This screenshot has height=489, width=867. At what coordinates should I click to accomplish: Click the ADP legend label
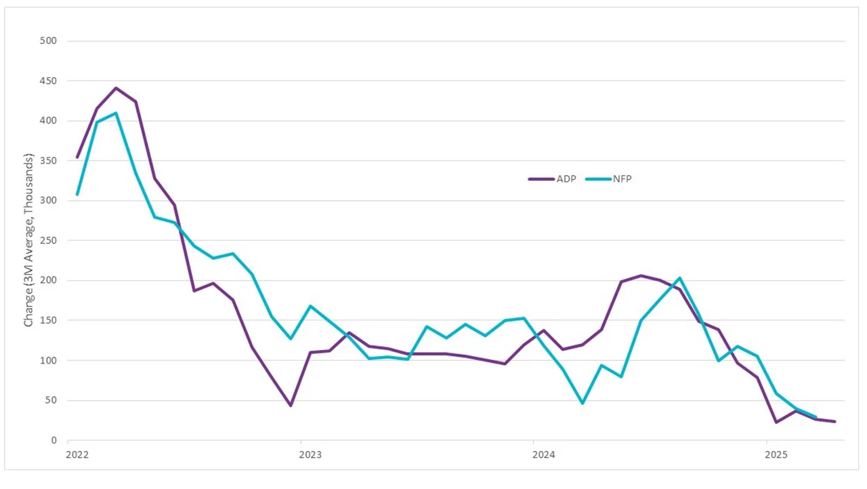point(567,179)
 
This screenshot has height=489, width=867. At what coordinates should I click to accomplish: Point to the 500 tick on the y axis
point(48,41)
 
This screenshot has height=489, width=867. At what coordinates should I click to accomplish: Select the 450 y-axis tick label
point(48,81)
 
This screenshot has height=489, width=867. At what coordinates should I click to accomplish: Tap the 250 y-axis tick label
point(48,240)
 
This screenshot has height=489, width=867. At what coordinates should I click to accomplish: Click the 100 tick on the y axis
point(48,360)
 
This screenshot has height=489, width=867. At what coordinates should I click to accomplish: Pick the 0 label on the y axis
point(53,440)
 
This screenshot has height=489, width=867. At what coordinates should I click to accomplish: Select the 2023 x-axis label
point(310,455)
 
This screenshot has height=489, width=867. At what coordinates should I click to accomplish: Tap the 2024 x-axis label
point(543,455)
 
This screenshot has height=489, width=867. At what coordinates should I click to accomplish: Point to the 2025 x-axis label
point(776,455)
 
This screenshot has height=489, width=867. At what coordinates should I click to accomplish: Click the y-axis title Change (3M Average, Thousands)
point(29,240)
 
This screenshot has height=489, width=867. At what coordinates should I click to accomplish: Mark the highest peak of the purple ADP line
point(116,88)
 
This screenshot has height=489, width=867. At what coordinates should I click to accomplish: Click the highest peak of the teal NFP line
point(116,113)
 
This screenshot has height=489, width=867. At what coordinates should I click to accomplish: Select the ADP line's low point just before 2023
point(291,406)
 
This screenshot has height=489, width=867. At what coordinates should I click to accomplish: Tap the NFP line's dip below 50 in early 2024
point(583,403)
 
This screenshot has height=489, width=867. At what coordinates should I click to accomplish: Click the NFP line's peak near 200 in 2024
point(679,278)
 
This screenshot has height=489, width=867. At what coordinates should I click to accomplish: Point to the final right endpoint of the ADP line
point(834,421)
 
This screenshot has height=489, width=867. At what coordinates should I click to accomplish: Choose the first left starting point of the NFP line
point(77,195)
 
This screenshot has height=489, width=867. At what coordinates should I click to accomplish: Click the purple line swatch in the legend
point(541,179)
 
